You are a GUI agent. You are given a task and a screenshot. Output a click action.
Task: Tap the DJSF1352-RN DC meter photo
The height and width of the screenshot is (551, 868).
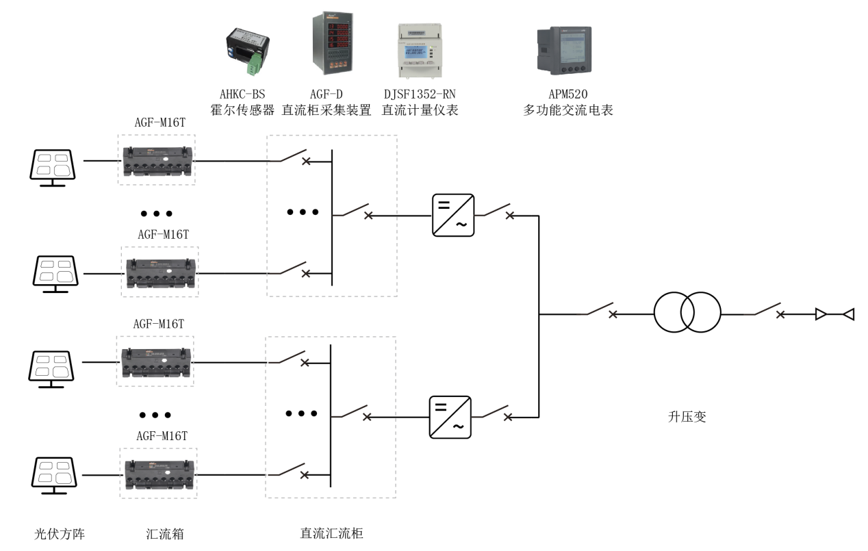418,51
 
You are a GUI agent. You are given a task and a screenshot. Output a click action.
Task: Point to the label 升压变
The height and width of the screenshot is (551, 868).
687,415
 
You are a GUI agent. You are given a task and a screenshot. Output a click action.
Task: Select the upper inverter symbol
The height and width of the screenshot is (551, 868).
453,215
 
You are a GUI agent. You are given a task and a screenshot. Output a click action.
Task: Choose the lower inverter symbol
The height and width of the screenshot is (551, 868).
450,417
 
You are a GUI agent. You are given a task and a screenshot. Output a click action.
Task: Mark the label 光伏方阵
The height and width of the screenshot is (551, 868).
60,534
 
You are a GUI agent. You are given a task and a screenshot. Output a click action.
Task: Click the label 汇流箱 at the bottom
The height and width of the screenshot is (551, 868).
165,534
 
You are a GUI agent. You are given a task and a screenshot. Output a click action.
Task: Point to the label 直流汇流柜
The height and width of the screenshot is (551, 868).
331,534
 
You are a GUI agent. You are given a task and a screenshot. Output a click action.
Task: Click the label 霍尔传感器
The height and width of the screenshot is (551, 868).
242,110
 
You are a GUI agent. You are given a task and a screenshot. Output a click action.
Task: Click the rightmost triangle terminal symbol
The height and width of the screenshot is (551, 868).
848,314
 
